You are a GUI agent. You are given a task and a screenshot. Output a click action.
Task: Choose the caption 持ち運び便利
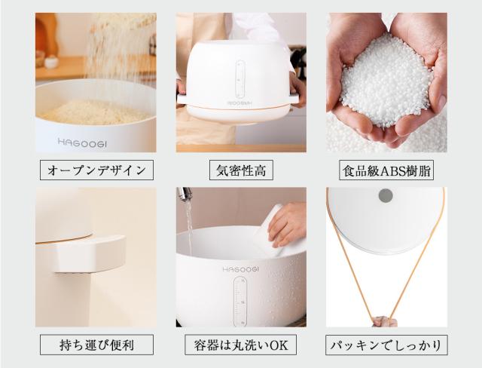pos(96,345)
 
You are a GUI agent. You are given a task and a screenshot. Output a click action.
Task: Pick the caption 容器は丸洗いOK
pos(241,345)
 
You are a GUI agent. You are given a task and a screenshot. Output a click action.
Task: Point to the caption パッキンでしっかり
pos(386,345)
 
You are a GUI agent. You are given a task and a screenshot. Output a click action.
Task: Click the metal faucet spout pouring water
pos(182,197)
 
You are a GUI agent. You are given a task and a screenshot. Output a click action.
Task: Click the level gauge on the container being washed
pos(240,299)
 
